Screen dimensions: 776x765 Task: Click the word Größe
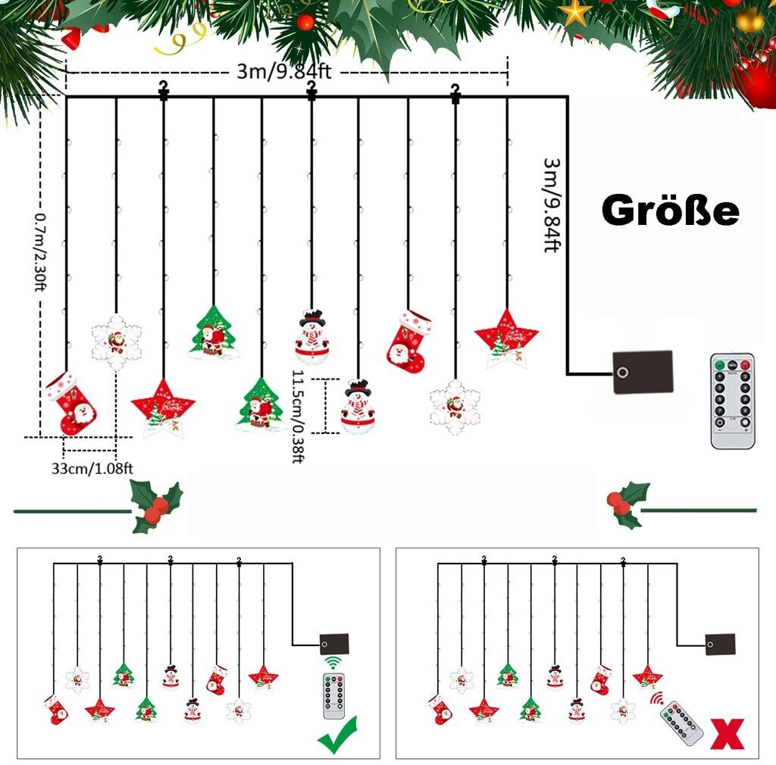click(x=670, y=211)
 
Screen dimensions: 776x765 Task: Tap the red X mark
click(x=727, y=735)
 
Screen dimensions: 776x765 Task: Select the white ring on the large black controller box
click(x=622, y=372)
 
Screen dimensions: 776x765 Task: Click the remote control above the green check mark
click(x=333, y=695)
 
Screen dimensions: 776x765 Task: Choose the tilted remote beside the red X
click(x=680, y=723)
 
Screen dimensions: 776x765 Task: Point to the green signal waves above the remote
click(x=333, y=664)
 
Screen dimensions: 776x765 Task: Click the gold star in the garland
click(x=577, y=11)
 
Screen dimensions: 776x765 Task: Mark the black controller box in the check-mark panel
click(x=334, y=644)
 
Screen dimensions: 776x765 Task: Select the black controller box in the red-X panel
click(x=720, y=644)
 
